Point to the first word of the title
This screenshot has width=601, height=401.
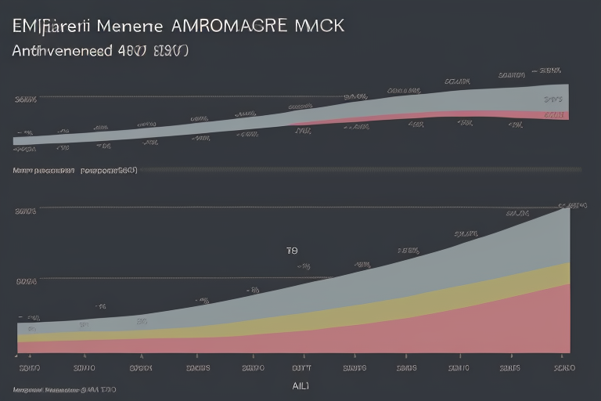(47, 25)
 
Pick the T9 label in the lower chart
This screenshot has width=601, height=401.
(292, 251)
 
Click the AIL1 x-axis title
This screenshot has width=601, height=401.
(300, 385)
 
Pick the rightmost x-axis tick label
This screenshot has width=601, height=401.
(564, 367)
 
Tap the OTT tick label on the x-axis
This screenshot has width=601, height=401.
(302, 367)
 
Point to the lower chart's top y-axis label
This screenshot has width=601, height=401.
(26, 211)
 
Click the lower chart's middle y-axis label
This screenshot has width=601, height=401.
(26, 280)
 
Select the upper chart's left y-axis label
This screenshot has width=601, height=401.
(26, 99)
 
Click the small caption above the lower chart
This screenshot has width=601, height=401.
(74, 169)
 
